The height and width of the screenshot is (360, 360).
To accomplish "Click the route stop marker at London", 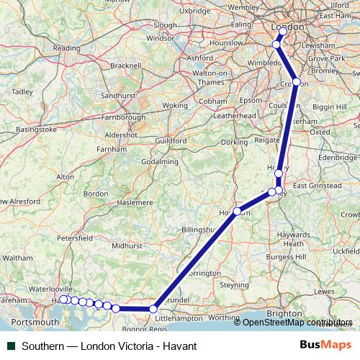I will [x=283, y=32].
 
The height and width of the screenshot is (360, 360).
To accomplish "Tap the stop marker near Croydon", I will [x=296, y=82].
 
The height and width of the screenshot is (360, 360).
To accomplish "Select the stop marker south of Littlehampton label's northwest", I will [x=153, y=309].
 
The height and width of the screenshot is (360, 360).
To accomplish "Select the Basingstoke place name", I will [x=36, y=130].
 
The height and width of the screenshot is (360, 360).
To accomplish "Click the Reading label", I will [x=66, y=48].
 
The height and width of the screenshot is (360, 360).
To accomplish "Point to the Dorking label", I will [x=234, y=143].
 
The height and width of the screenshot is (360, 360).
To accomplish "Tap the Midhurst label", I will [x=127, y=246].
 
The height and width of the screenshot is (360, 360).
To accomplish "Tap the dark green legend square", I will [x=8, y=346].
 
